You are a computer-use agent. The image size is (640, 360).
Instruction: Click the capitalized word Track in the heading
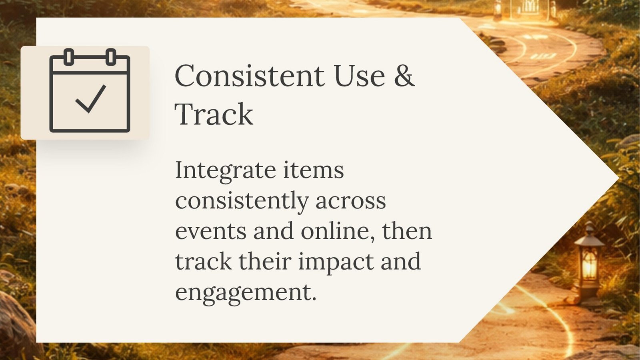click(x=214, y=114)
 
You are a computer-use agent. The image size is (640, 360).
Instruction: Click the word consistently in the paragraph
click(x=241, y=201)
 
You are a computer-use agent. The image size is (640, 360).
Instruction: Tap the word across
click(x=350, y=201)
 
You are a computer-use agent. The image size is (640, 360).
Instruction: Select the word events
click(x=210, y=232)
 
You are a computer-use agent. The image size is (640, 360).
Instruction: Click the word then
click(x=407, y=232)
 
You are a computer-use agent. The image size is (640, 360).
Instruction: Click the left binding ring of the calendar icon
click(x=69, y=57)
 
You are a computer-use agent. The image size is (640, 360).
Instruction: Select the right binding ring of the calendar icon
click(x=111, y=57)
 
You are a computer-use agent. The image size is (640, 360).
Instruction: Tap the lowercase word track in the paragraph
click(x=203, y=262)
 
